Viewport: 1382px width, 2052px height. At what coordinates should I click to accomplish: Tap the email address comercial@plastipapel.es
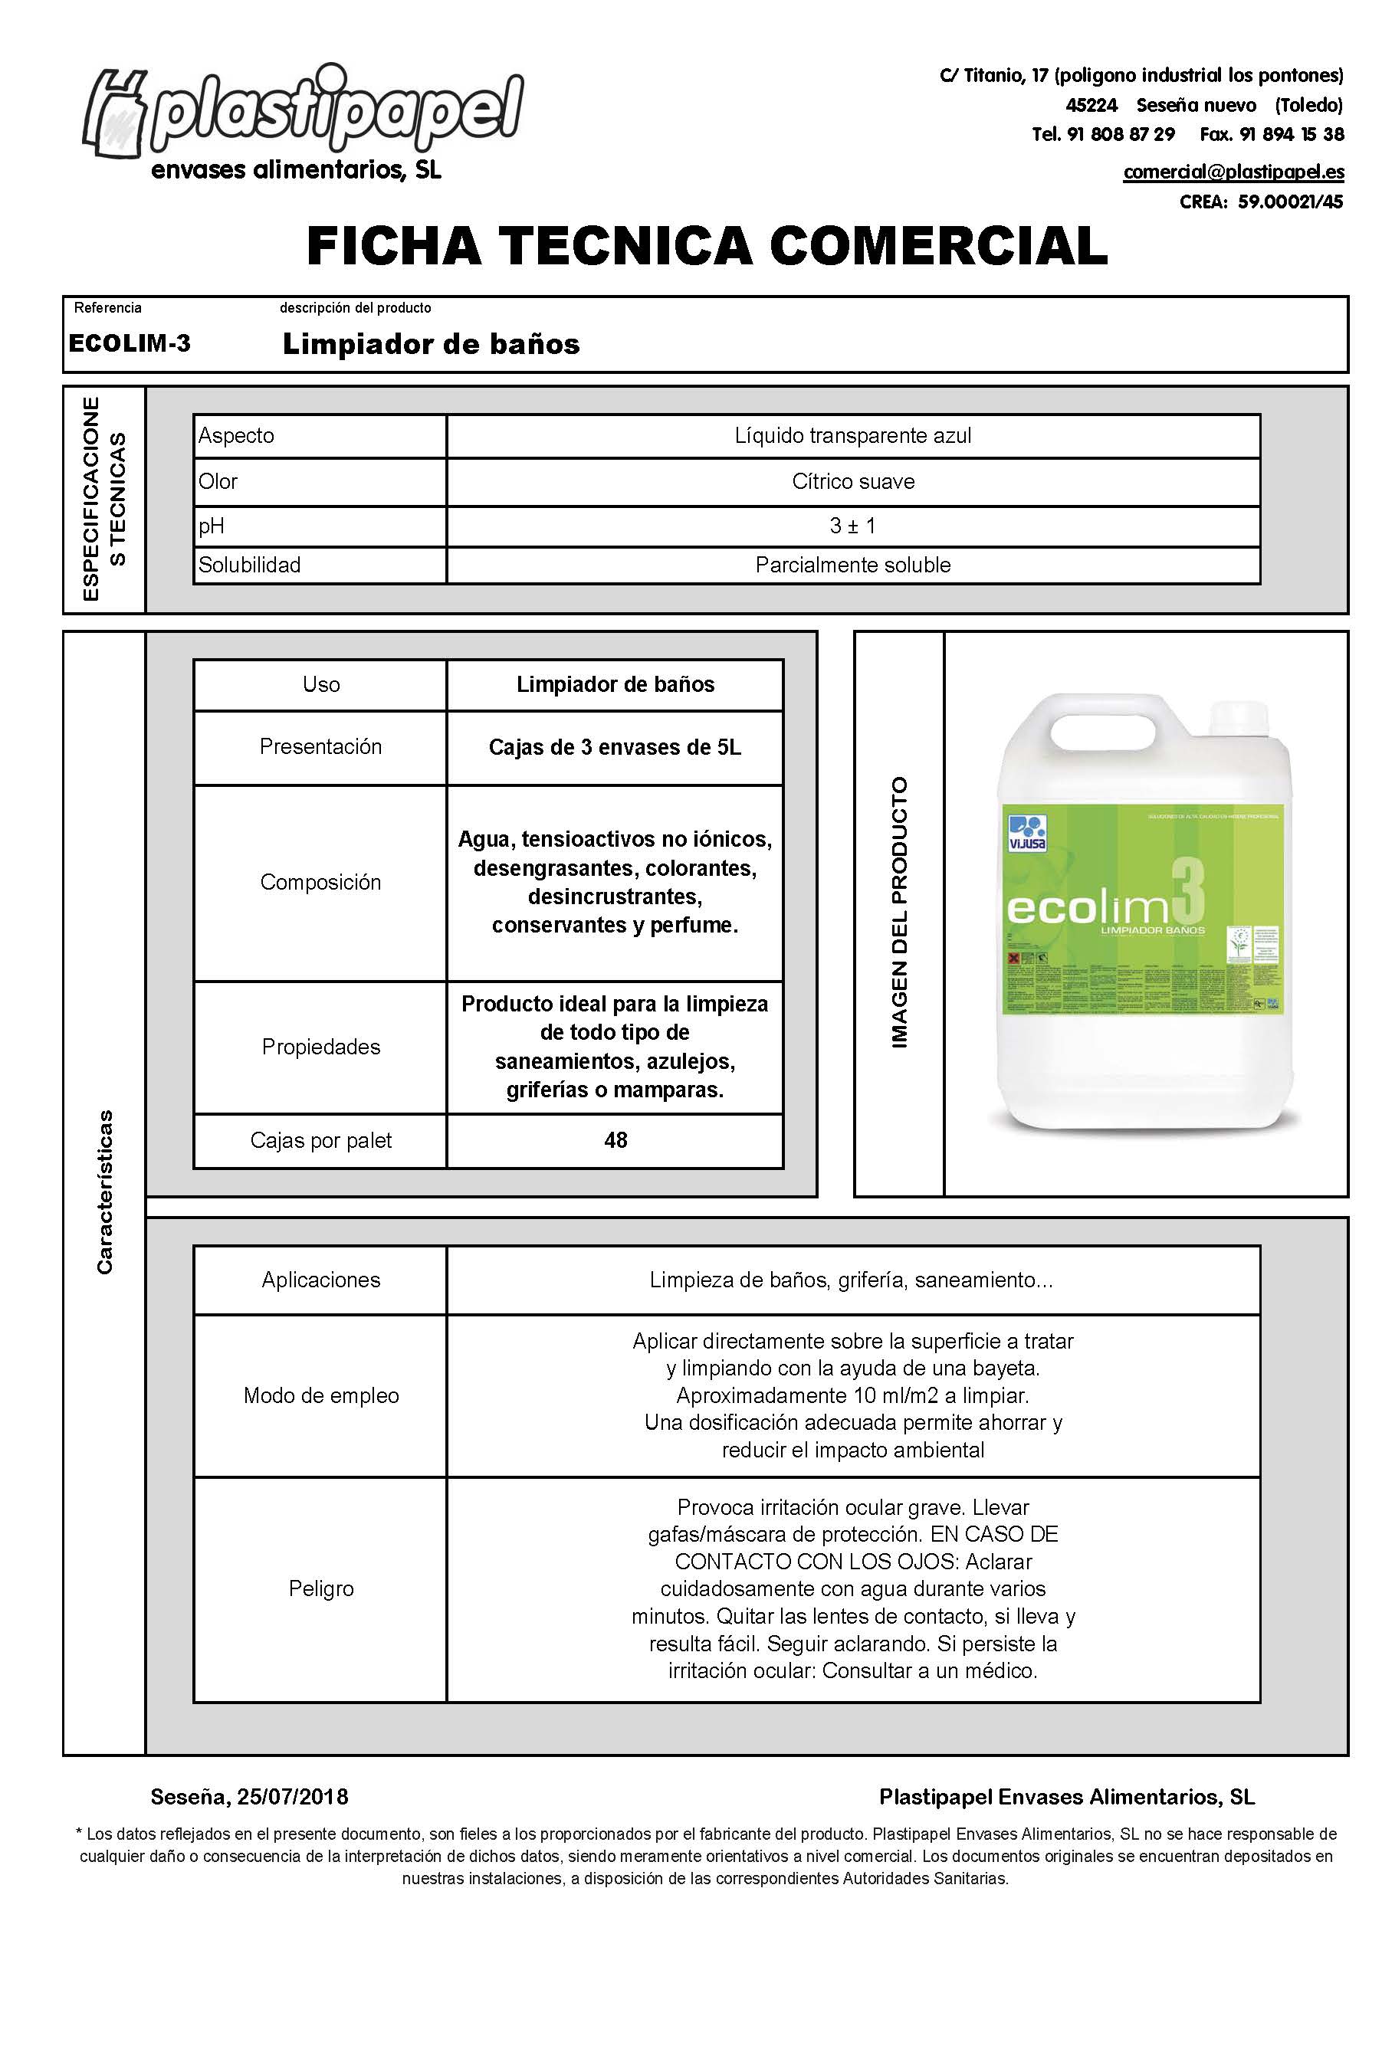tap(1233, 172)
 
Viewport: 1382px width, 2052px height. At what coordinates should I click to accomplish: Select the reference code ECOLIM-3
tap(130, 343)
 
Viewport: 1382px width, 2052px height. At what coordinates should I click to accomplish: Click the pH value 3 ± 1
tap(852, 526)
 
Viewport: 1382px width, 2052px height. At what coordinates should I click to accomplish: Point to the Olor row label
tap(218, 481)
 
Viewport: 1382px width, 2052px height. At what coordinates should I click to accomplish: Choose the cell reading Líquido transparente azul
tap(852, 435)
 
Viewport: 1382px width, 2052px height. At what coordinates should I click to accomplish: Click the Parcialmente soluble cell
tap(852, 565)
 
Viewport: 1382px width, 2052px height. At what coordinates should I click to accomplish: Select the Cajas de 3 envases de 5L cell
tap(614, 747)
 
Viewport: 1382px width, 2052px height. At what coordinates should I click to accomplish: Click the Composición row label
tap(320, 882)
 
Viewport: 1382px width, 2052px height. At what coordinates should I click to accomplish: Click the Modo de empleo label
tap(321, 1395)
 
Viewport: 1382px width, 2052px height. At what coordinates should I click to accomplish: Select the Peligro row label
tap(321, 1588)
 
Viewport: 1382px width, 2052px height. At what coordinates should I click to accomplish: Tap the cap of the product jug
tap(1237, 721)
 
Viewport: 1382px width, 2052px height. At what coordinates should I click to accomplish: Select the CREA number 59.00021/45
tap(1289, 202)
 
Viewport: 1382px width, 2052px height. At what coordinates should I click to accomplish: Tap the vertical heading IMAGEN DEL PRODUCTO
tap(899, 913)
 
